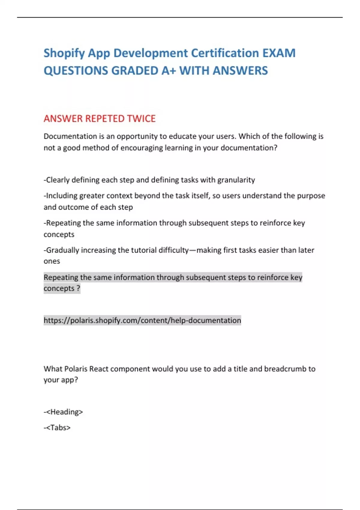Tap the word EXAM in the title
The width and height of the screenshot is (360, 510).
279,53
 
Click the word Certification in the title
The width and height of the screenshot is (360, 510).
225,53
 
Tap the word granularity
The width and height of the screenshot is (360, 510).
236,180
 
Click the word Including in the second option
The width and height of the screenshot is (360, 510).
62,196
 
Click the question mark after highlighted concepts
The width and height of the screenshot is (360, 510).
78,289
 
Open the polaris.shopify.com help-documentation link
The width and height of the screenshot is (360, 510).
142,320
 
